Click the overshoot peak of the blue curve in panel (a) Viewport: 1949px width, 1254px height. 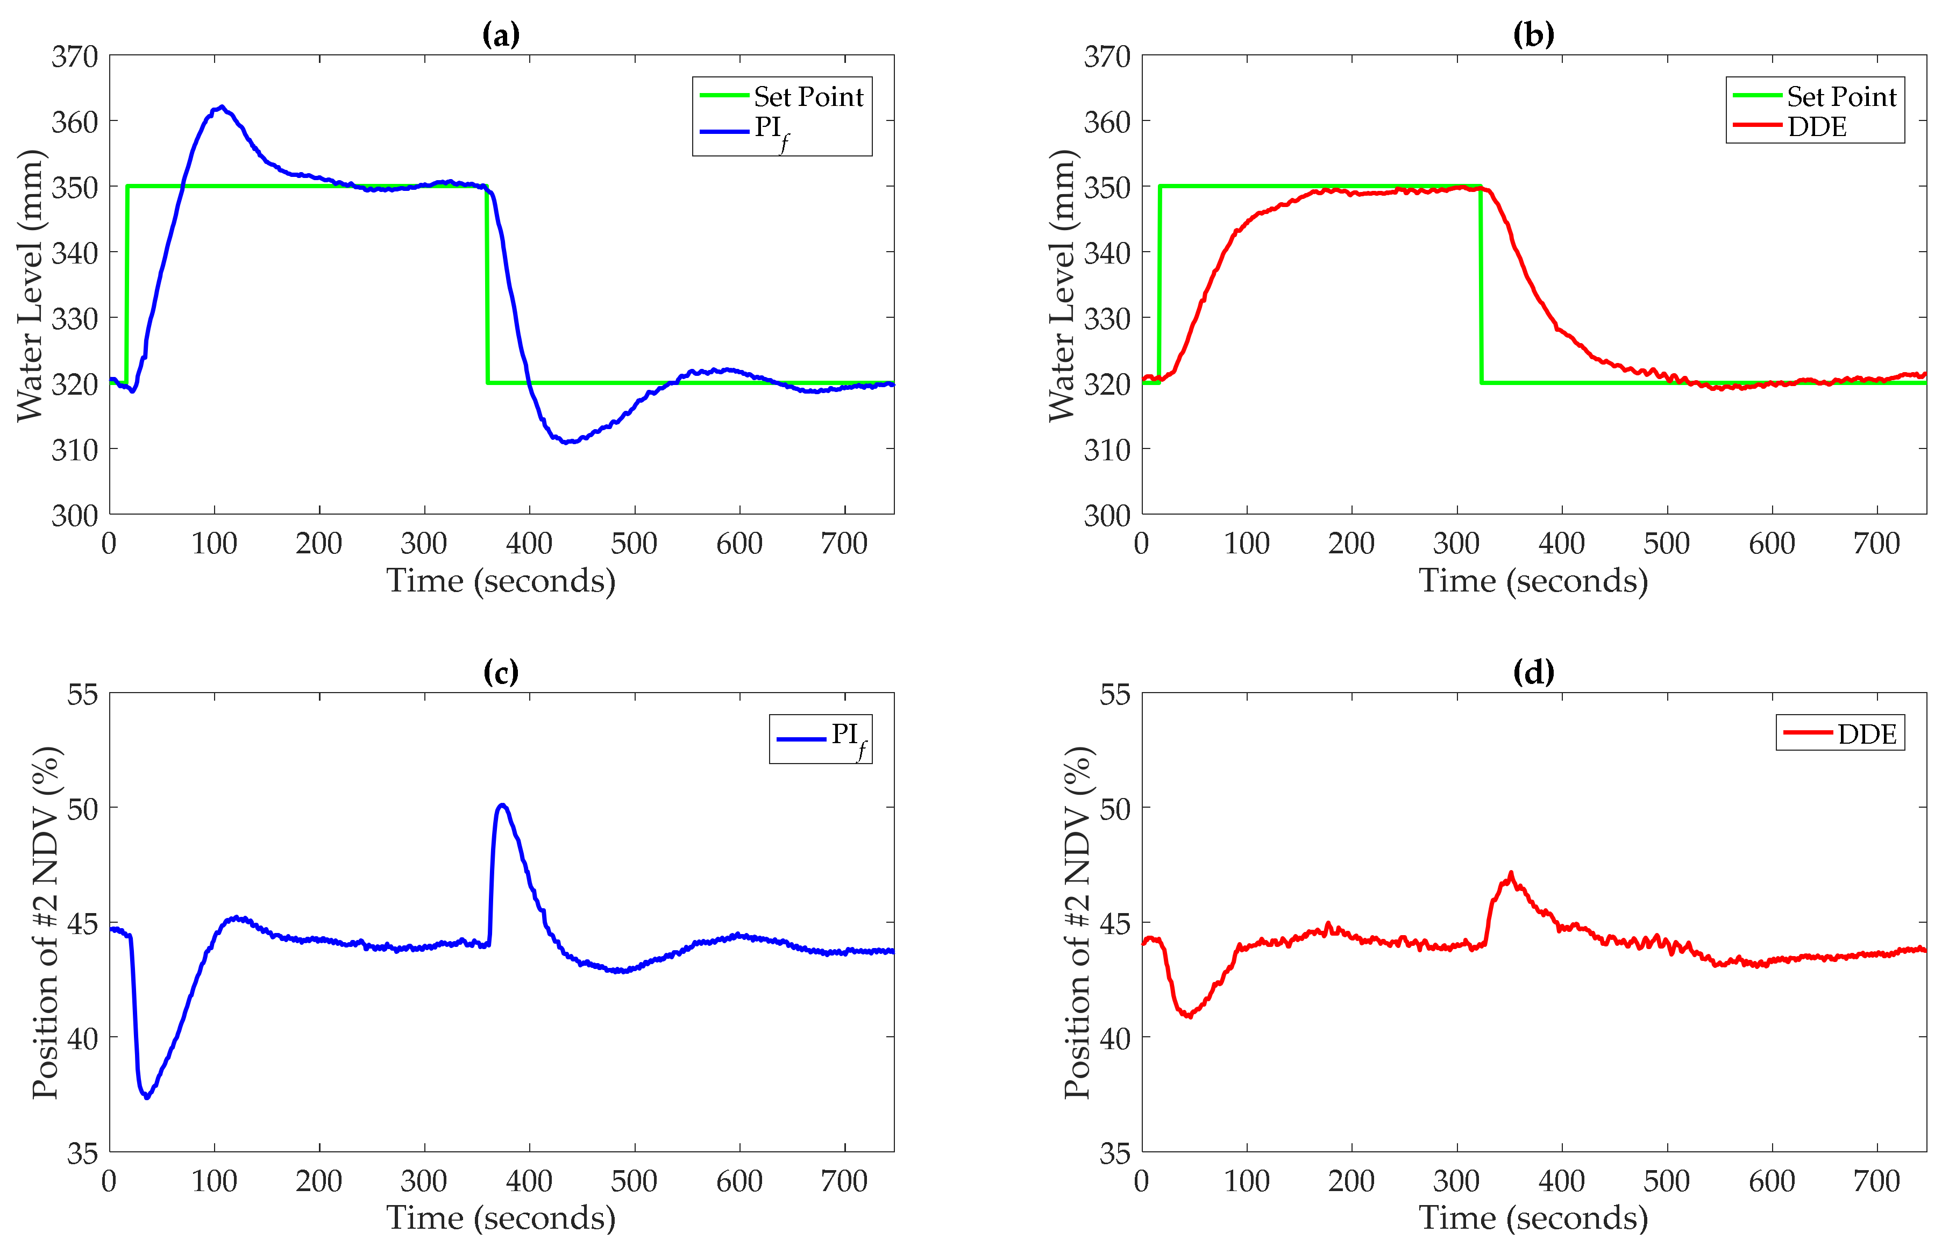pos(222,106)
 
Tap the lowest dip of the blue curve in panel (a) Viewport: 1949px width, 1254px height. pos(566,442)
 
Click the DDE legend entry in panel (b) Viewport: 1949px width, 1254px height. pos(1816,127)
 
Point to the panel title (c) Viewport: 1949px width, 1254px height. pos(500,673)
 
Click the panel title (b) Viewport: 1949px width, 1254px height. pos(1533,35)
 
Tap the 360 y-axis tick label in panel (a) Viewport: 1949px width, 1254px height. pos(74,122)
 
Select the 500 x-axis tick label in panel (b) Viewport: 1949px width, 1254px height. pos(1666,543)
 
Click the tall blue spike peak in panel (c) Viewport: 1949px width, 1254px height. pos(502,806)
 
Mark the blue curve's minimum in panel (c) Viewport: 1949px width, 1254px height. pos(147,1098)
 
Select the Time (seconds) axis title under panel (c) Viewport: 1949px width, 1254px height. pos(500,1218)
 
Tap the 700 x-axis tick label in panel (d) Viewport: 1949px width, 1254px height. pos(1876,1181)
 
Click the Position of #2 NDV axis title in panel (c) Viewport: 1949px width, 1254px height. pos(46,923)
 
